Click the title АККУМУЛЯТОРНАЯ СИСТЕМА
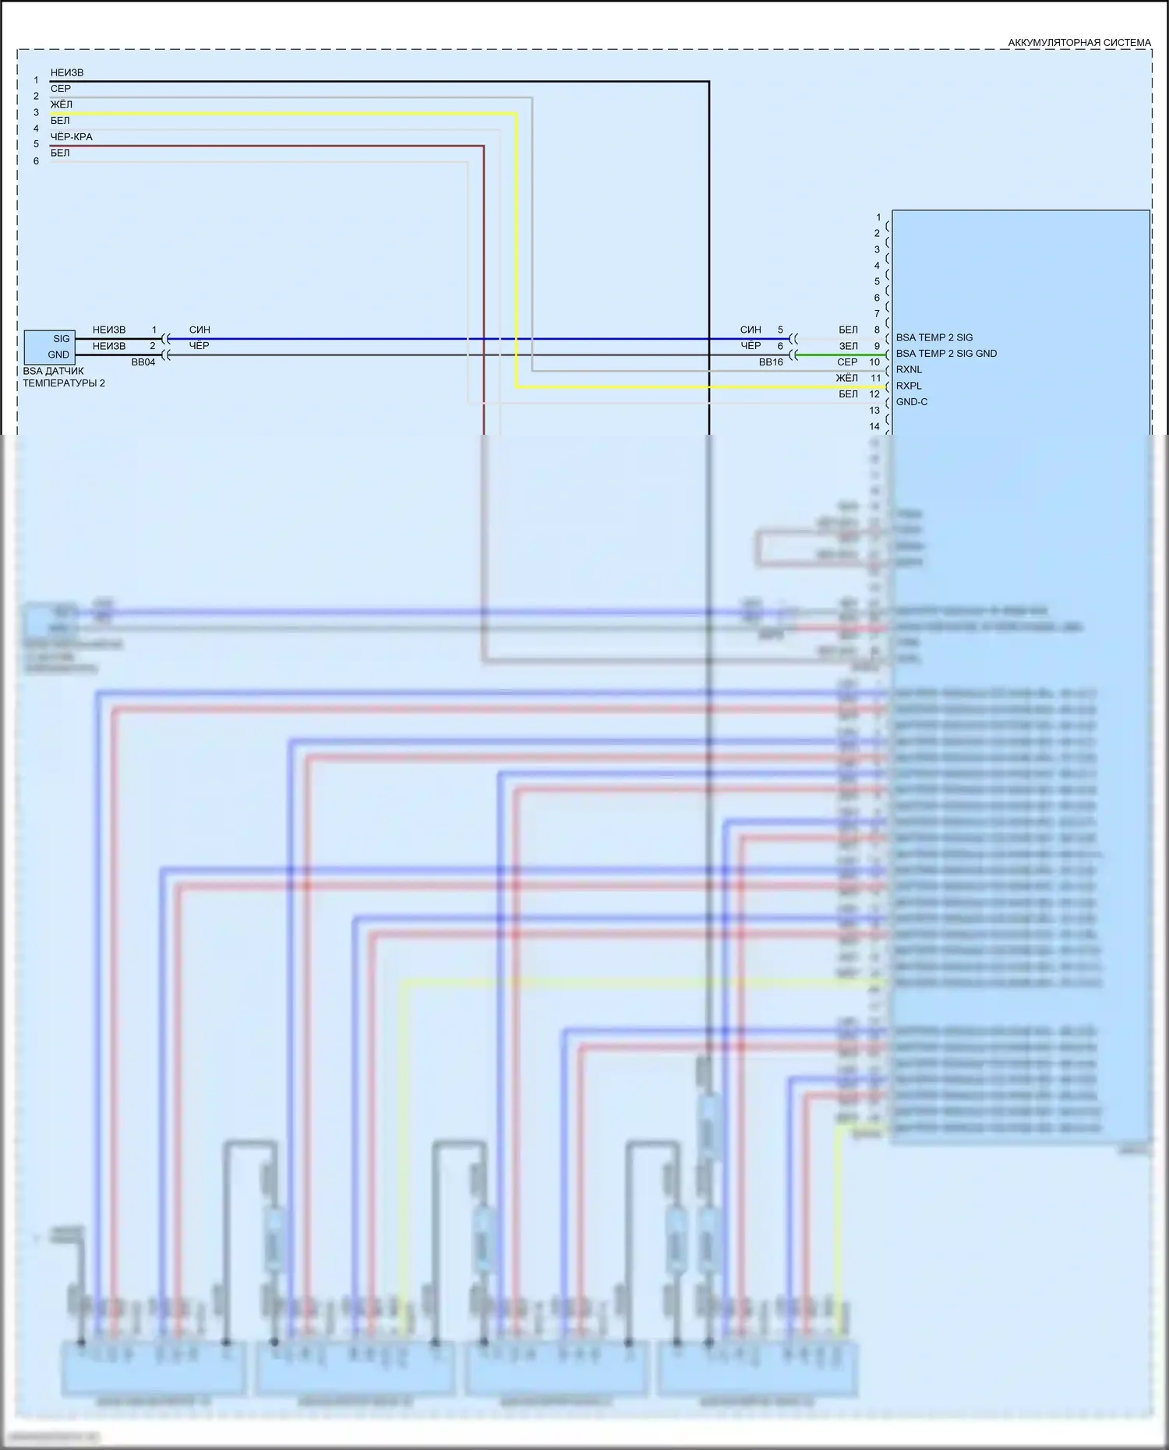coord(1079,43)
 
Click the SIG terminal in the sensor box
coord(61,339)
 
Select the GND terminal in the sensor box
coord(58,355)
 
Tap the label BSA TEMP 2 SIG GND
coord(946,354)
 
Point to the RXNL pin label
coord(909,369)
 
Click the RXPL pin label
coord(909,386)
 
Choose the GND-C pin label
coord(912,402)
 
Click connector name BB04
coord(143,362)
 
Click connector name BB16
coord(771,362)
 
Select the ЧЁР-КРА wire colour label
coord(72,137)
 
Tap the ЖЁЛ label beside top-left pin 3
coord(62,104)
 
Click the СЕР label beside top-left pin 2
coord(61,89)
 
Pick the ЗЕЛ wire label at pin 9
coord(848,346)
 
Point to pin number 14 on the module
coord(874,426)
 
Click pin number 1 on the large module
coord(878,217)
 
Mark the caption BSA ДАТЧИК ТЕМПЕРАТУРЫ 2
coord(63,377)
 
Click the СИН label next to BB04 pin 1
coord(200,330)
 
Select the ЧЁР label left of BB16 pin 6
coord(750,346)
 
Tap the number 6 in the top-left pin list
coord(36,161)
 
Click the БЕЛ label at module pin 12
coord(848,394)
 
